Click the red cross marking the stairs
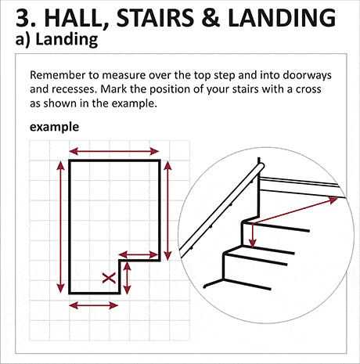click(109, 278)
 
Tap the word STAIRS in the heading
click(155, 18)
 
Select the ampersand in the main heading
click(211, 18)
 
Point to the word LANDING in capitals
click(282, 18)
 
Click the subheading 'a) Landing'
click(56, 39)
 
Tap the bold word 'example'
click(54, 127)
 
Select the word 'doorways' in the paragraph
click(307, 75)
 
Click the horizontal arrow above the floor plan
click(114, 151)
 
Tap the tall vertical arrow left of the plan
click(60, 226)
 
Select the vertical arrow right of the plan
click(167, 211)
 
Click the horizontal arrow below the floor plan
click(94, 305)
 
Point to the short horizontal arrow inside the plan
click(139, 254)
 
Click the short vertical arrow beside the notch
click(127, 278)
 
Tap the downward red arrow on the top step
click(252, 235)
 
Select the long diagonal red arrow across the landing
click(295, 211)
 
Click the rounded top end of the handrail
click(261, 166)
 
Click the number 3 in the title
click(23, 18)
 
